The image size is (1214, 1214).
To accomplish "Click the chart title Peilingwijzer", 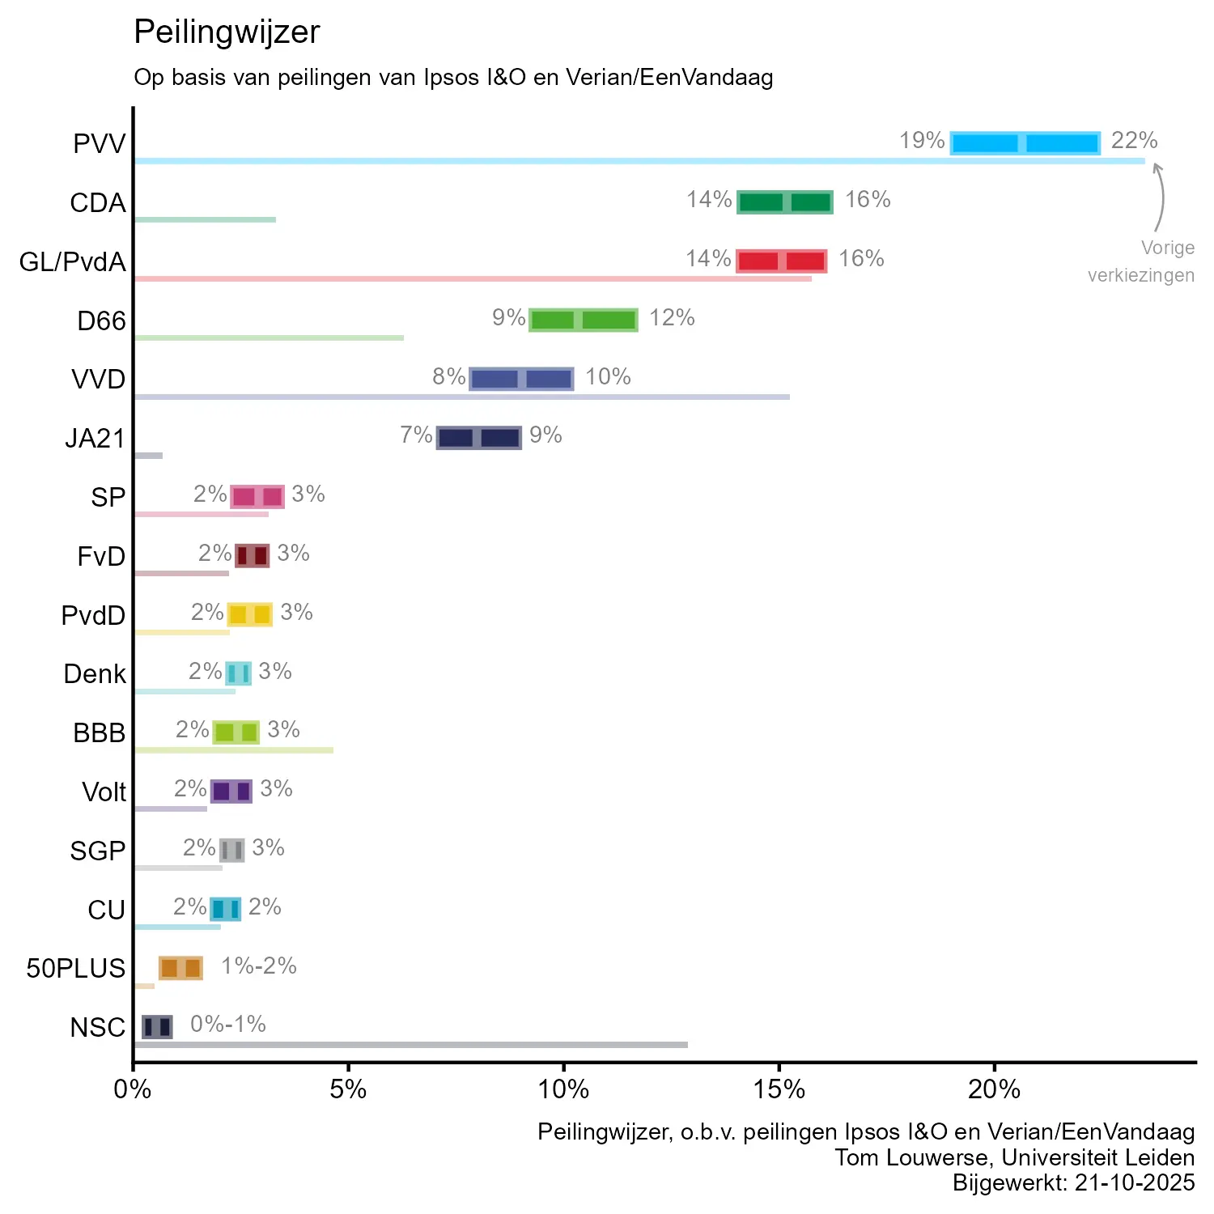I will pyautogui.click(x=227, y=32).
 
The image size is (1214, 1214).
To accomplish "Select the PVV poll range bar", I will pyautogui.click(x=1025, y=143).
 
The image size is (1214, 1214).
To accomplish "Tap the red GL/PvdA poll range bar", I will pyautogui.click(x=781, y=261).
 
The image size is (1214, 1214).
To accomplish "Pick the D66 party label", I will pyautogui.click(x=101, y=321).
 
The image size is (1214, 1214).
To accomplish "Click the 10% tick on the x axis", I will pyautogui.click(x=563, y=1089).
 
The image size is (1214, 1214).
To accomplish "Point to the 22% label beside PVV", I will pyautogui.click(x=1134, y=141).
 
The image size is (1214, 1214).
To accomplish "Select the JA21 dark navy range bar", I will pyautogui.click(x=478, y=438).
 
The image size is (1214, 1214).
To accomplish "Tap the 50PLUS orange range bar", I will pyautogui.click(x=180, y=968).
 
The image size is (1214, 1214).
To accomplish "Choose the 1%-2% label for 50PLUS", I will pyautogui.click(x=259, y=966).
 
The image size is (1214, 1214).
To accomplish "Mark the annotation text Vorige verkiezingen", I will pyautogui.click(x=1141, y=261).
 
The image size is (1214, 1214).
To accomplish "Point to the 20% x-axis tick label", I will pyautogui.click(x=994, y=1089).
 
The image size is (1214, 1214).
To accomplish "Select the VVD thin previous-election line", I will pyautogui.click(x=461, y=397).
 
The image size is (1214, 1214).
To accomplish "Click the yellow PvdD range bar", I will pyautogui.click(x=249, y=614).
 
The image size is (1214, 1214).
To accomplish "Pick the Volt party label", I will pyautogui.click(x=104, y=792).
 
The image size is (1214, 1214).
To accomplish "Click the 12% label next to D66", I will pyautogui.click(x=672, y=317).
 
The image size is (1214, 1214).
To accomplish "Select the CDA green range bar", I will pyautogui.click(x=784, y=202).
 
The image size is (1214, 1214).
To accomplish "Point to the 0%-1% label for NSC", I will pyautogui.click(x=228, y=1024).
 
